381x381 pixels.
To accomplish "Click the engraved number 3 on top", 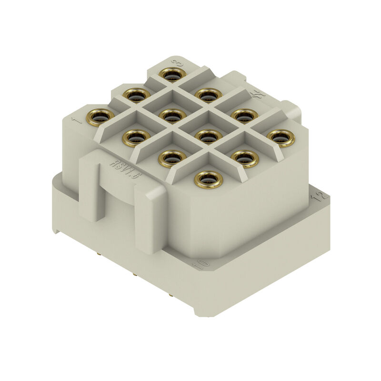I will coord(177,63).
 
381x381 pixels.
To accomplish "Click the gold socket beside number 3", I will coord(172,74).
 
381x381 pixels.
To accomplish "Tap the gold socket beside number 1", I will coord(100,116).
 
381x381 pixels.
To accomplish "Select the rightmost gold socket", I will coord(281,137).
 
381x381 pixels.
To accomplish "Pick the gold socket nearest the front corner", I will coord(208,180).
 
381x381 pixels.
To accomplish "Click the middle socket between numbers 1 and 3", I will coord(136,95).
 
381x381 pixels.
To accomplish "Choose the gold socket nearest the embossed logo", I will coord(244,115).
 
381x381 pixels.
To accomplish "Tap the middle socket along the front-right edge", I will coord(244,158).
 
